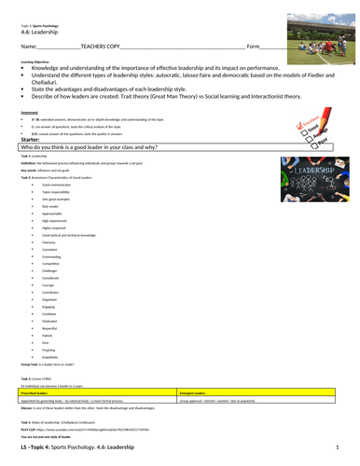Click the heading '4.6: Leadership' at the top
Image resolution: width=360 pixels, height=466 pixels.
[38, 31]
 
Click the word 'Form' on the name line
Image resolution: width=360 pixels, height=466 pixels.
[253, 45]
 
